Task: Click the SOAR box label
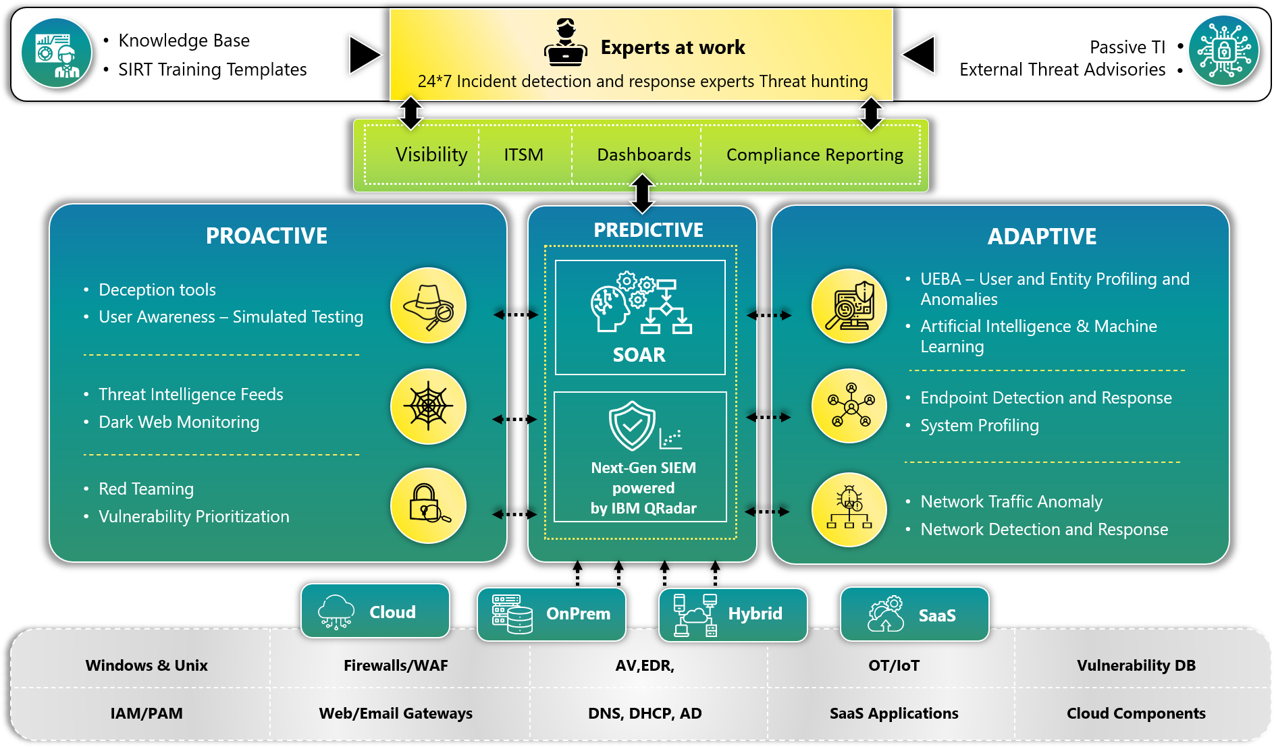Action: (x=639, y=355)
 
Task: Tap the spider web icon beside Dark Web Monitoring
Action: (x=428, y=406)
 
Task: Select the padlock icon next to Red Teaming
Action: (x=428, y=505)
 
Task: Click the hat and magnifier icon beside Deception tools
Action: (x=428, y=306)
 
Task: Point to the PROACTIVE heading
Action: (x=267, y=236)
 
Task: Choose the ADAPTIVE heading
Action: (x=1042, y=237)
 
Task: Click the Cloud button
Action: (x=375, y=611)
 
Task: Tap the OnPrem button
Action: (x=552, y=614)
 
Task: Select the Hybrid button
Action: (x=733, y=614)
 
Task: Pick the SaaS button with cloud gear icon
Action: (x=915, y=614)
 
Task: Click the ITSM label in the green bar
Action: (x=524, y=155)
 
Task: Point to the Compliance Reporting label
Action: (x=815, y=155)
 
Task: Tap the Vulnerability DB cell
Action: (x=1136, y=665)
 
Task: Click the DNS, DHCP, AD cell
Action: (x=645, y=713)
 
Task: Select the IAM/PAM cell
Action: (x=147, y=713)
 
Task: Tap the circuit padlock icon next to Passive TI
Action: (x=1224, y=51)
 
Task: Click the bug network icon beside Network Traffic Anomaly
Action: (x=849, y=509)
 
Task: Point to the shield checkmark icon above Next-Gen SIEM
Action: (x=632, y=426)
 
